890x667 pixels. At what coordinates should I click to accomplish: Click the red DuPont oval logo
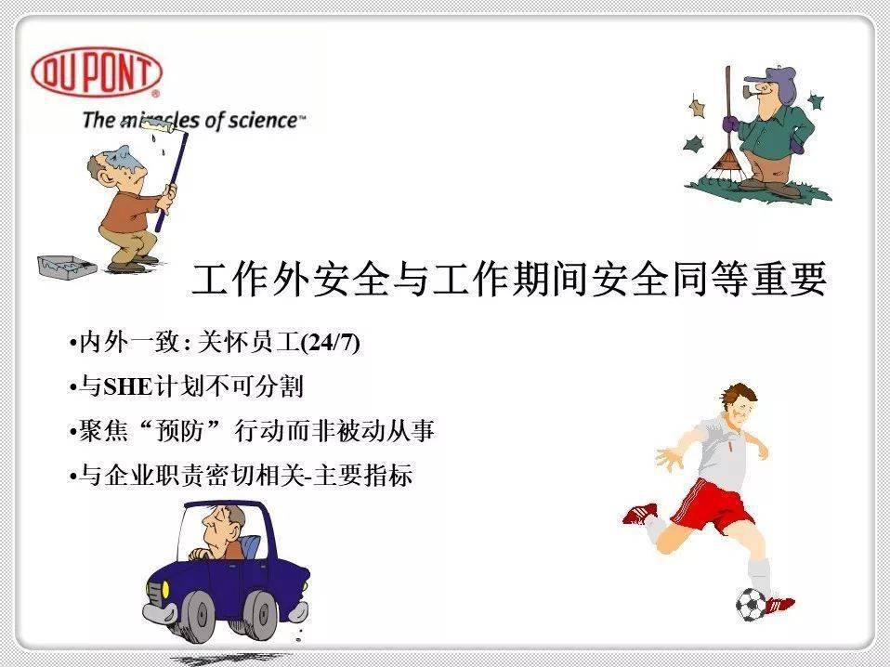[x=97, y=72]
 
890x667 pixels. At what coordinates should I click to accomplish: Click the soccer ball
[x=751, y=604]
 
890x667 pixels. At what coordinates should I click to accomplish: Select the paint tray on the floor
[x=66, y=266]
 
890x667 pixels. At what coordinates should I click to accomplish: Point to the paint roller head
[x=164, y=127]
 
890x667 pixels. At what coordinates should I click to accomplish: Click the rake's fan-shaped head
[x=725, y=165]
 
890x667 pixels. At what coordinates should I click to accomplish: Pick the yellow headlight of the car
[x=165, y=589]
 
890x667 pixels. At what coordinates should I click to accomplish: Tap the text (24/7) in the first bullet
[x=331, y=342]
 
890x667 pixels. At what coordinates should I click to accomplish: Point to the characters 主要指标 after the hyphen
[x=362, y=475]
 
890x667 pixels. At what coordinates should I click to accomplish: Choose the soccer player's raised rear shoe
[x=640, y=514]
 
